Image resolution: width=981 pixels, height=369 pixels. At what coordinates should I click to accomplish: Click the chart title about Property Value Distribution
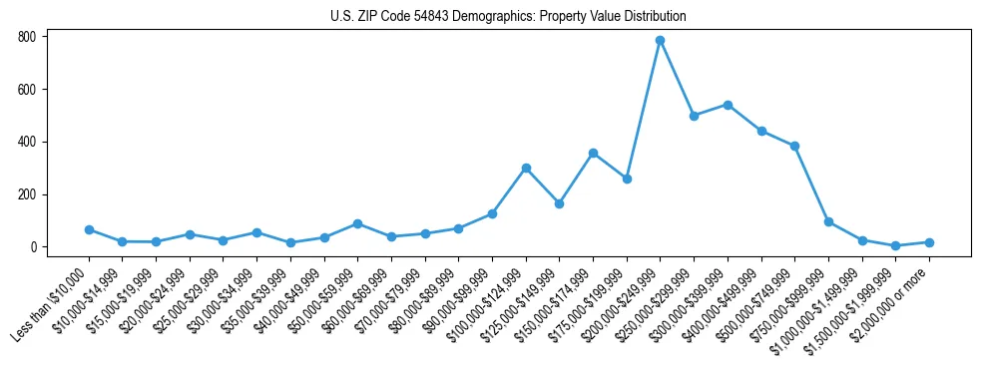click(508, 17)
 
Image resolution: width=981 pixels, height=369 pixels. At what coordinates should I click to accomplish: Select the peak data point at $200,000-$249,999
click(660, 41)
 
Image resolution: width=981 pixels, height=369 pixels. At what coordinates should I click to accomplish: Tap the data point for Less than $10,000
click(89, 229)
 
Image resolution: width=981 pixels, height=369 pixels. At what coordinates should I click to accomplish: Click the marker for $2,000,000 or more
click(929, 242)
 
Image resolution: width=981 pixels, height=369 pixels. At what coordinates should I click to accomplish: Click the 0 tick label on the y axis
click(32, 247)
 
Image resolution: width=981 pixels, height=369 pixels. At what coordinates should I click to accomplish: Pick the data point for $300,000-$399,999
click(728, 105)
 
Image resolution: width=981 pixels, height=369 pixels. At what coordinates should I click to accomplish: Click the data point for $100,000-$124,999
click(526, 168)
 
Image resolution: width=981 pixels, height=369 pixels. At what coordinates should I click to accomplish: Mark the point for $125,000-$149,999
click(559, 203)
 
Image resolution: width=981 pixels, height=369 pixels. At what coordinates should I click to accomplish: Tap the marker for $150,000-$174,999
click(593, 153)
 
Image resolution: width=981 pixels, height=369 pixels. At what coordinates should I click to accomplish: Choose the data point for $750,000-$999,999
click(828, 221)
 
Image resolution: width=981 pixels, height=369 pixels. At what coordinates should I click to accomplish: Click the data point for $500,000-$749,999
click(794, 146)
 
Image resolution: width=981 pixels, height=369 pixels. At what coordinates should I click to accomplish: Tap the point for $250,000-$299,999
click(694, 116)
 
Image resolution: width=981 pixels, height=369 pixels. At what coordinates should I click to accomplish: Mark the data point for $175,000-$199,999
click(627, 179)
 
